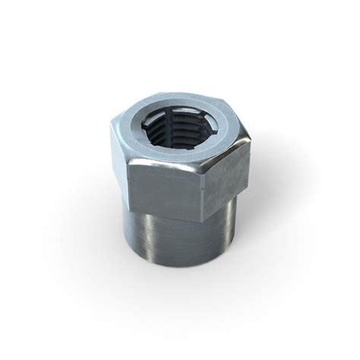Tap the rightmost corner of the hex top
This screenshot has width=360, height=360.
pos(250,140)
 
